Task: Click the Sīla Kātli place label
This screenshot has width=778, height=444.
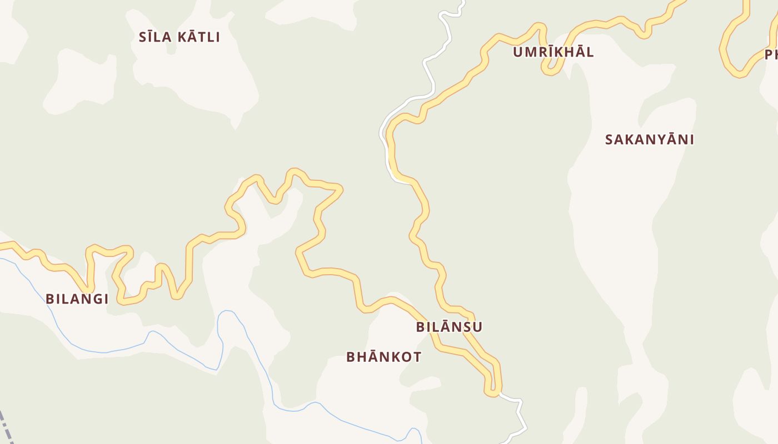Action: tap(179, 37)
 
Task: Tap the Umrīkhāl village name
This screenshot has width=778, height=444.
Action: tap(553, 52)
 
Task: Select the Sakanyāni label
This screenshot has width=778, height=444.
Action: tap(649, 139)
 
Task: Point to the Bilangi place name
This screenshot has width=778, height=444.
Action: tap(77, 299)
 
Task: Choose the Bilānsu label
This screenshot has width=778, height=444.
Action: tap(449, 327)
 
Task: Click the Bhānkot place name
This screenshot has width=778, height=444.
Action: tap(383, 357)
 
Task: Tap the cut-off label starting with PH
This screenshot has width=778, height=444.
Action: tap(771, 54)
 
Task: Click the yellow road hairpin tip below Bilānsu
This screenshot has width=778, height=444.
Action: tap(492, 393)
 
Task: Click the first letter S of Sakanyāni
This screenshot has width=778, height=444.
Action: tap(609, 139)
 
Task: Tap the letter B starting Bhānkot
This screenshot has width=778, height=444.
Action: tap(351, 357)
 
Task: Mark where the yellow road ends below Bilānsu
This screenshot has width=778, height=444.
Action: tap(500, 394)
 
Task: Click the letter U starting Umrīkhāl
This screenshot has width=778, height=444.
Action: tap(518, 52)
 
